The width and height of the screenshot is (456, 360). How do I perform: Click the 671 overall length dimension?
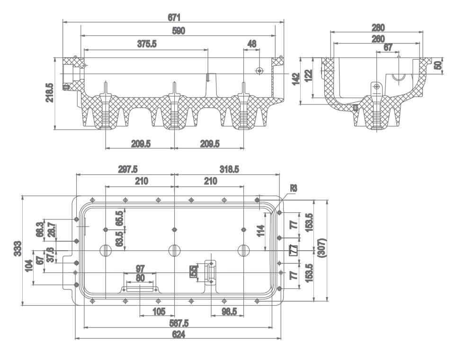[174, 18]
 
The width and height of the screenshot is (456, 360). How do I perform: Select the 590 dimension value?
[178, 31]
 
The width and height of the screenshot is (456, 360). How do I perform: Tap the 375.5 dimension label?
[147, 44]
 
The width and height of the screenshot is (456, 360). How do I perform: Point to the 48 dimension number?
[252, 44]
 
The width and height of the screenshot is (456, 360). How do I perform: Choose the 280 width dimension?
[378, 27]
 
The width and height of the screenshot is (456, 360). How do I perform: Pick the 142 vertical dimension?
[296, 78]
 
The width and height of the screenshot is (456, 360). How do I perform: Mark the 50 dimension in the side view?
[438, 65]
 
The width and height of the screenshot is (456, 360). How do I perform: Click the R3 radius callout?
[294, 188]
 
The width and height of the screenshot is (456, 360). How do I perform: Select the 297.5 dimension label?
[128, 169]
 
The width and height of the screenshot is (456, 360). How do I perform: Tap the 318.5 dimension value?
[229, 169]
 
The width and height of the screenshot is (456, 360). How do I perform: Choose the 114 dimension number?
[260, 231]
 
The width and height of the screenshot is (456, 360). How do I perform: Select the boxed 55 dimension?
[193, 271]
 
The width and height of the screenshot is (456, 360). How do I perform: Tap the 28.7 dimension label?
[51, 230]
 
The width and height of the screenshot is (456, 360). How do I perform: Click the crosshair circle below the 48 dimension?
[259, 70]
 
